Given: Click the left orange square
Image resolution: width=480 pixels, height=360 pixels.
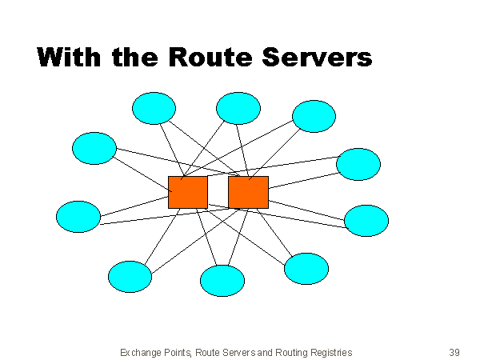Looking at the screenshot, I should [188, 192].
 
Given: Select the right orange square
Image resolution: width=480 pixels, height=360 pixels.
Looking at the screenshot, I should [248, 192].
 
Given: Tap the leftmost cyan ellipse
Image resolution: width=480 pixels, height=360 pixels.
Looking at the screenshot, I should [78, 216].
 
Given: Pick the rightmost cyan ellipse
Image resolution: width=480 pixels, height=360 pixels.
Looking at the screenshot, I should [366, 220].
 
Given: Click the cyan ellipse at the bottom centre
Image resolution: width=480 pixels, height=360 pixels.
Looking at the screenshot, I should [222, 281].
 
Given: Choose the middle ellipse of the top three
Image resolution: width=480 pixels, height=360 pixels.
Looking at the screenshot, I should [238, 108].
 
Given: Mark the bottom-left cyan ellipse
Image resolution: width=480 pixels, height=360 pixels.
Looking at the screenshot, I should [130, 276].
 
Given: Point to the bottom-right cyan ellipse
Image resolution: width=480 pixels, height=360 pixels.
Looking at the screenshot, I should [306, 268].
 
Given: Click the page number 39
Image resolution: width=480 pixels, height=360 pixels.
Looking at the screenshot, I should [454, 352].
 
